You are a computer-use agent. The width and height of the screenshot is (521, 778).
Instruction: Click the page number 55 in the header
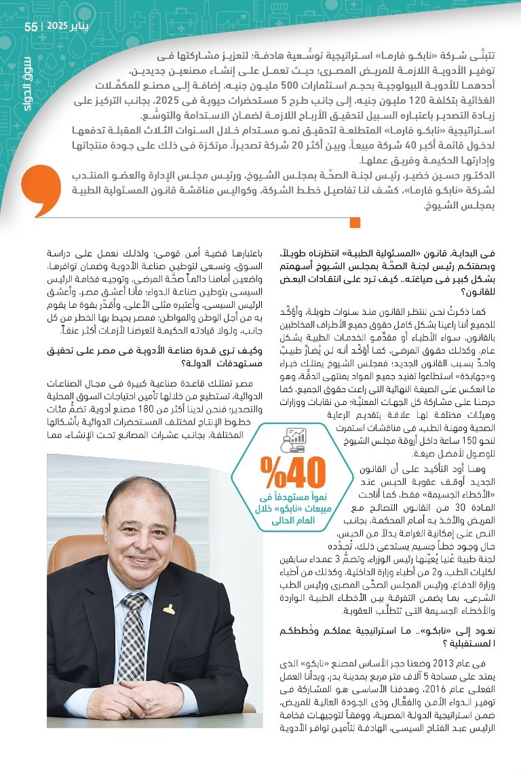click(x=31, y=26)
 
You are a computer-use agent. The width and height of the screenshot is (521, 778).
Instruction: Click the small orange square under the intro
click(x=354, y=222)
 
